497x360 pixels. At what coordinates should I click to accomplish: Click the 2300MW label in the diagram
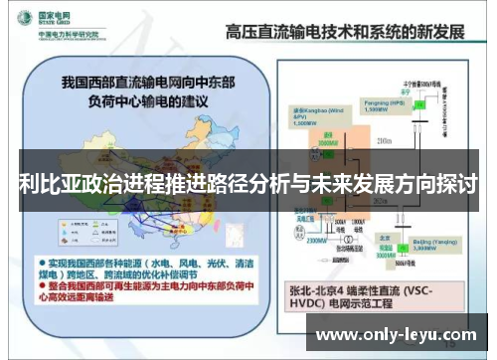319,240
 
